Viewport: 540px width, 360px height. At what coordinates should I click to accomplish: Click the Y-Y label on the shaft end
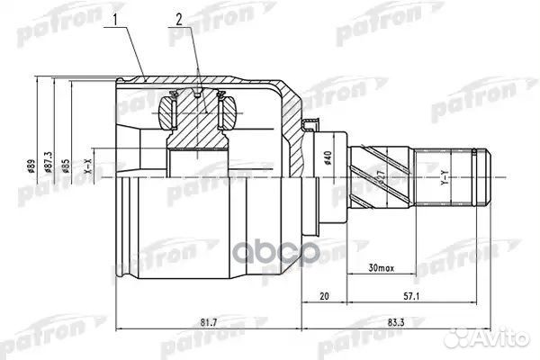[x=442, y=185]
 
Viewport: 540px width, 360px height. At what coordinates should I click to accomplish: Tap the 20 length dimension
[x=324, y=294]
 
